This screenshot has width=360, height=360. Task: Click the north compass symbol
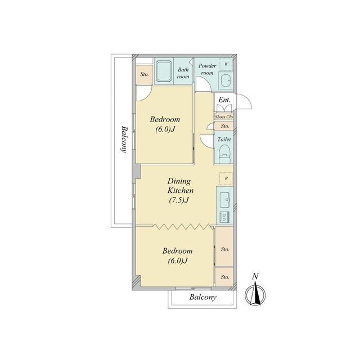tap(255, 290)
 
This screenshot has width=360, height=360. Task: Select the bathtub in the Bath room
tap(164, 71)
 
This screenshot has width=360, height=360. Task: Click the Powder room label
tap(208, 69)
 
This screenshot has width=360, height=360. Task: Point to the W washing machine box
tap(226, 64)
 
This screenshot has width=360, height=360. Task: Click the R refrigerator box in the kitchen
tap(226, 178)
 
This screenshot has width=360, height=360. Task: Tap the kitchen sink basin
tap(224, 200)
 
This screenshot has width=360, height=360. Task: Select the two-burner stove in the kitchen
tap(224, 217)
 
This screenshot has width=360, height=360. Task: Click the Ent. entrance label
tap(224, 100)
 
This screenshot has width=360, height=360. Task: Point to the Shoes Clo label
tap(224, 117)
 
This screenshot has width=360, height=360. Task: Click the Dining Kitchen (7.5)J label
tap(180, 191)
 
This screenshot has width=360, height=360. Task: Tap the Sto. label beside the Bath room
tap(145, 74)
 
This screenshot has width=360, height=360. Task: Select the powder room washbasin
tap(225, 80)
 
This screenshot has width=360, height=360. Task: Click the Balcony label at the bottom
tap(202, 298)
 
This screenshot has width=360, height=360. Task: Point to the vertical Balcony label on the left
tap(124, 139)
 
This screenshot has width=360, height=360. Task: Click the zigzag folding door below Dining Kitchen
tap(182, 226)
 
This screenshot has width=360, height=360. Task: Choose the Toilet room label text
tap(224, 139)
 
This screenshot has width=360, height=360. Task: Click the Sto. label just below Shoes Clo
tap(225, 126)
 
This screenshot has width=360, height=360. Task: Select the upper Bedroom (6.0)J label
tap(165, 124)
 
